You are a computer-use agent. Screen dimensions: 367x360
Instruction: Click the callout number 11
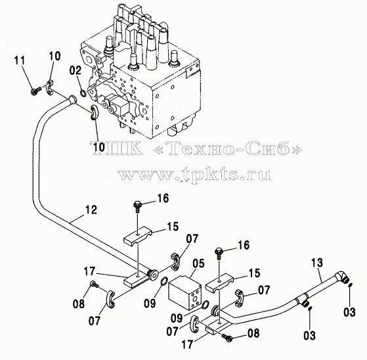tap(20, 60)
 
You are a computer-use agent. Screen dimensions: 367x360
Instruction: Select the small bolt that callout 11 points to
tap(35, 91)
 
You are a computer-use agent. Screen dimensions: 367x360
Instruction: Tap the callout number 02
tap(76, 70)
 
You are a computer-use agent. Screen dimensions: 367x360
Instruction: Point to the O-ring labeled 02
tap(83, 93)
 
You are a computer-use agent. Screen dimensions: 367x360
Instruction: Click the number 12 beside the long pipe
tap(91, 210)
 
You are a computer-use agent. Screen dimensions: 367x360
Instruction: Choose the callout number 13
tap(317, 263)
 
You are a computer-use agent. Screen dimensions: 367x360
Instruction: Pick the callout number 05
tap(198, 263)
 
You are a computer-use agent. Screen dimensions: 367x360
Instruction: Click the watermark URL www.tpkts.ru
tap(194, 174)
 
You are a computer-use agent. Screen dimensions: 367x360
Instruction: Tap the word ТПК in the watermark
tap(118, 148)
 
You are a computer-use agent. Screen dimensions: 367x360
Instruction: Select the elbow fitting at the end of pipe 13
tap(342, 277)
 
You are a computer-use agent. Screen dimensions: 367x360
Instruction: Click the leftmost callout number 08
tap(78, 304)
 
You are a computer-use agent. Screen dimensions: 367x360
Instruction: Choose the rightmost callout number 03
tap(349, 312)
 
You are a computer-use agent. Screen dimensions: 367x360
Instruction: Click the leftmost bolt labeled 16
tap(137, 206)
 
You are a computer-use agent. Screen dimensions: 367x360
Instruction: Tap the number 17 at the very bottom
tap(188, 344)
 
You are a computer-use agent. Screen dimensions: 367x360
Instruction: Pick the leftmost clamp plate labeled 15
tap(138, 236)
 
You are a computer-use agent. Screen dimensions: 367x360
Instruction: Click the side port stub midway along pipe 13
tap(305, 304)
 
